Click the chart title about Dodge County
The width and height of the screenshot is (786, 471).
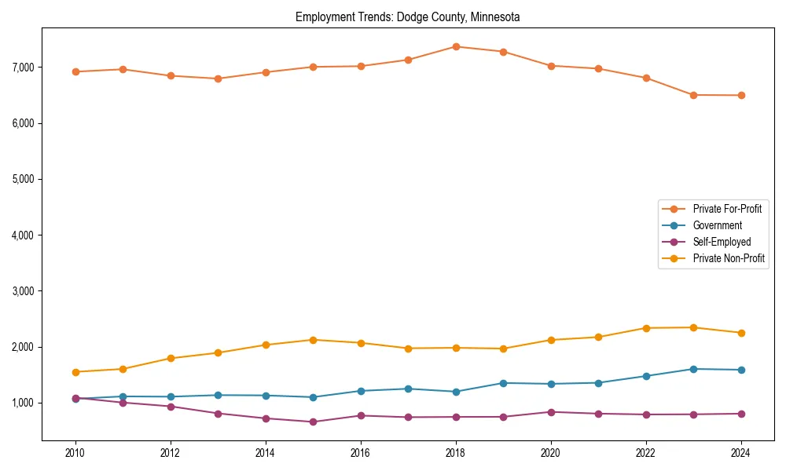407,16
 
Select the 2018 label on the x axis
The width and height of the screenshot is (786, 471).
455,453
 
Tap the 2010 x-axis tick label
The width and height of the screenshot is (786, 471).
75,453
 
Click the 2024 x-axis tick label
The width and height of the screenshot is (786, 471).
740,453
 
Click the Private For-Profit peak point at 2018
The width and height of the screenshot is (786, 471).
455,46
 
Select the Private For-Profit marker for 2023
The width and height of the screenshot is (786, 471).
693,95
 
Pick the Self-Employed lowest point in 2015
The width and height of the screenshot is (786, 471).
313,422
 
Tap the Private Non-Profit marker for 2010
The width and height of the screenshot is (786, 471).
75,372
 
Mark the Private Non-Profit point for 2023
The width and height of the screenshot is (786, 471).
693,327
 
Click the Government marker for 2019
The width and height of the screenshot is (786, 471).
503,383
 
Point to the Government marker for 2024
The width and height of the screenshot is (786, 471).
740,370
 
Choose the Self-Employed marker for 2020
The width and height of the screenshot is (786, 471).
550,412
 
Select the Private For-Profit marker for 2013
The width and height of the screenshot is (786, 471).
218,78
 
